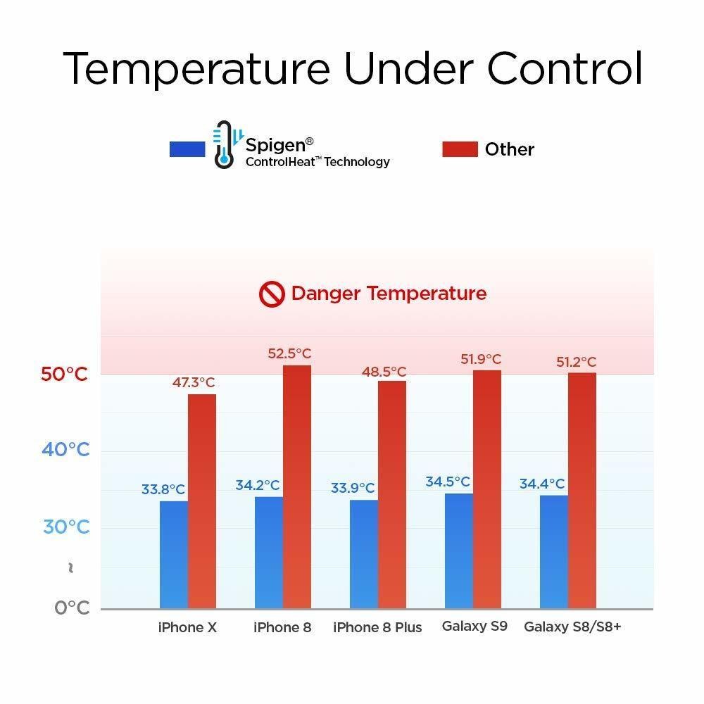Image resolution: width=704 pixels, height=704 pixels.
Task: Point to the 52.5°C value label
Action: (x=289, y=353)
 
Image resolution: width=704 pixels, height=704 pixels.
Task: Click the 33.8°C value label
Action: (x=163, y=489)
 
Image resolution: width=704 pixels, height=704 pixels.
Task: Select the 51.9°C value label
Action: (x=482, y=359)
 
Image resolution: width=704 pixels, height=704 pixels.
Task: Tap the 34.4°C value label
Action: (x=542, y=484)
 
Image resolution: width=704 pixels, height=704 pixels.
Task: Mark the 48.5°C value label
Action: (x=384, y=371)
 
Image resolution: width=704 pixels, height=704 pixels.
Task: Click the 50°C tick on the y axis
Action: (x=64, y=374)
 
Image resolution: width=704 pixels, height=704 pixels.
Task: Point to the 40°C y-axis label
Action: (x=65, y=449)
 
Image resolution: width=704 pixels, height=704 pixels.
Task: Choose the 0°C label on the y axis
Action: (x=72, y=608)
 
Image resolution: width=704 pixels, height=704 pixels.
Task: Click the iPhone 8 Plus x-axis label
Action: (x=377, y=627)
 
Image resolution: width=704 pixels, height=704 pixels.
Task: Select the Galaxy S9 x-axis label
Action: (x=474, y=625)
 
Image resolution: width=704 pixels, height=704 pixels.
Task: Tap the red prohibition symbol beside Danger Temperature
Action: (x=271, y=294)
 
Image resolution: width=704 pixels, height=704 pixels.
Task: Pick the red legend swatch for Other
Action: (x=460, y=149)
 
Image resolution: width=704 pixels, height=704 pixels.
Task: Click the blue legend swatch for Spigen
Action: (x=187, y=149)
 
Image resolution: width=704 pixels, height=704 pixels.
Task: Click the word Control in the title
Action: (x=565, y=69)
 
